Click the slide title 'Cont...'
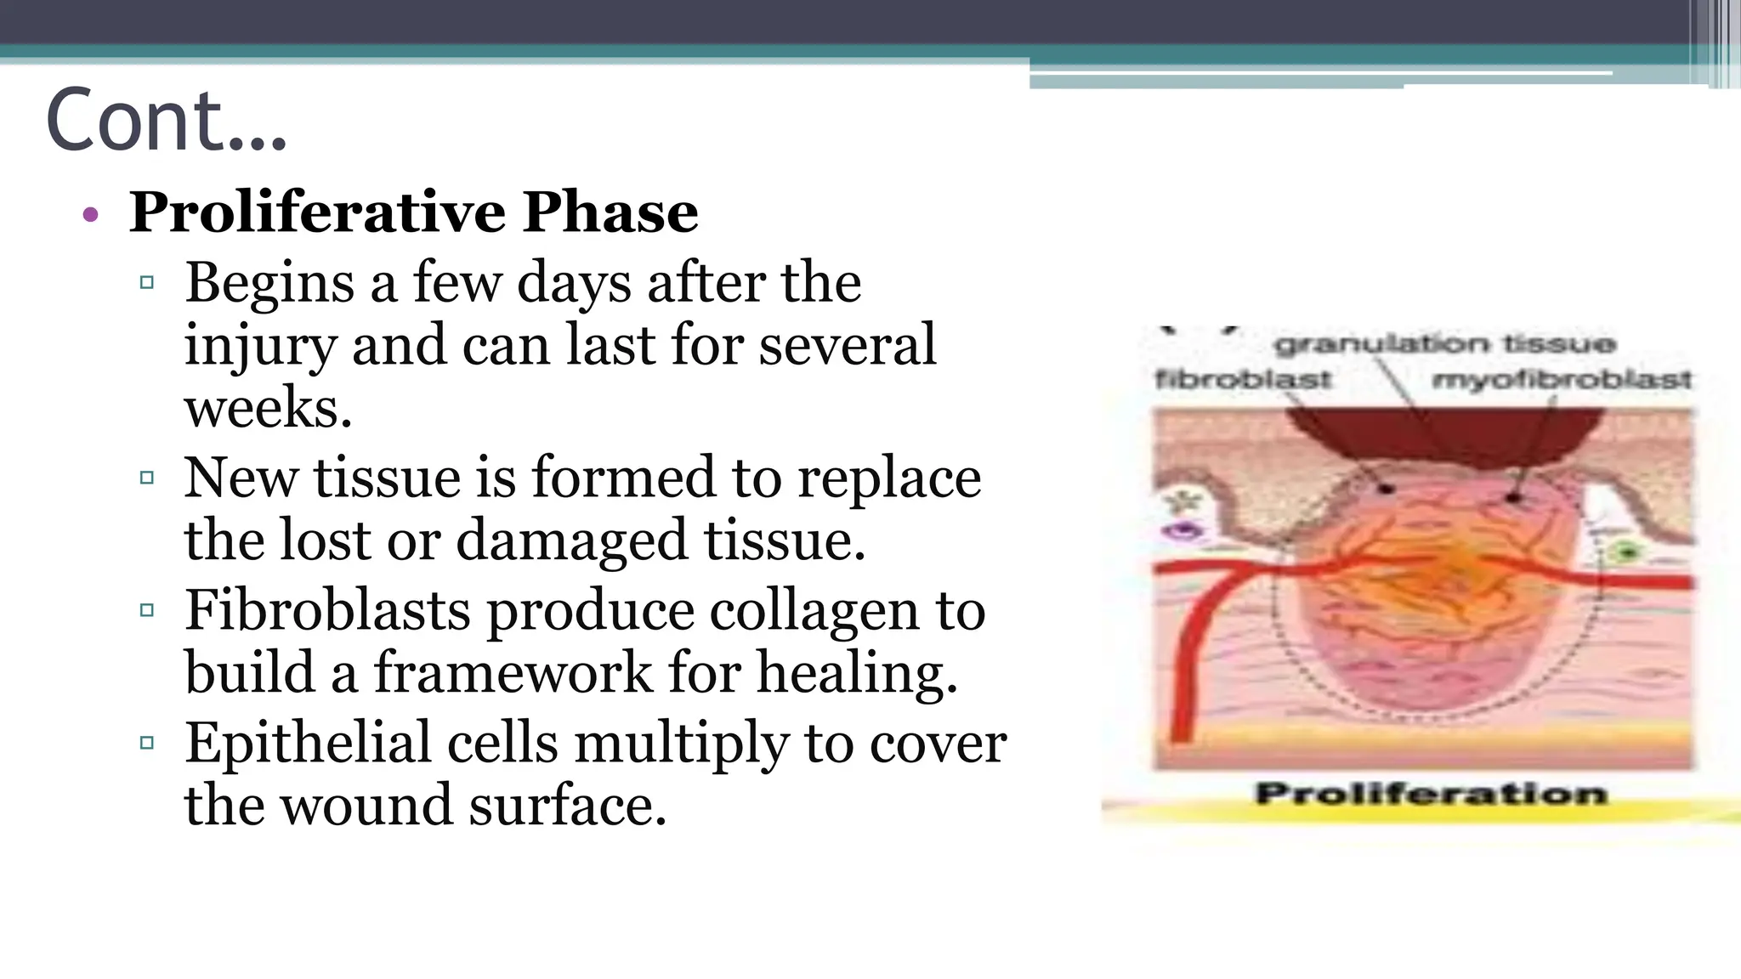point(167,120)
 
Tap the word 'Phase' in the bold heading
point(610,212)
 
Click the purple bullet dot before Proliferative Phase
point(91,215)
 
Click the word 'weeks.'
point(268,408)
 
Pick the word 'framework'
point(513,673)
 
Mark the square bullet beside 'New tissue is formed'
point(147,478)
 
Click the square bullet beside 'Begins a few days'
point(147,282)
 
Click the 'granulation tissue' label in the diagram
point(1444,344)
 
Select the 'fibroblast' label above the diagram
point(1243,379)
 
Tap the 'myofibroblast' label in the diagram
point(1562,379)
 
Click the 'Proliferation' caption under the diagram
point(1431,794)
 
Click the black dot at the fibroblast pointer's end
point(1387,489)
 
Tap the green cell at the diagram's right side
point(1628,553)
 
